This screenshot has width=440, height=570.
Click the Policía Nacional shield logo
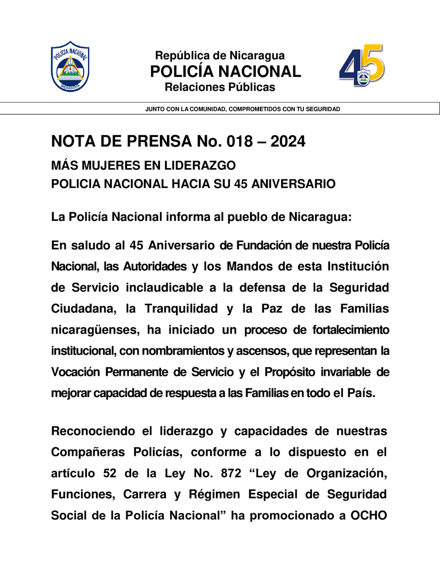pos(70,66)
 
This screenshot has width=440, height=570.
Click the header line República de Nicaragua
pos(219,56)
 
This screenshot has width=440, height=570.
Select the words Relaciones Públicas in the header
pos(220,87)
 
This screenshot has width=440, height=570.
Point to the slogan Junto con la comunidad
pos(243,109)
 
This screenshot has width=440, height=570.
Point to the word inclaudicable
pos(164,287)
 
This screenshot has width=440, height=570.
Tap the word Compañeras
pos(89,452)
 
